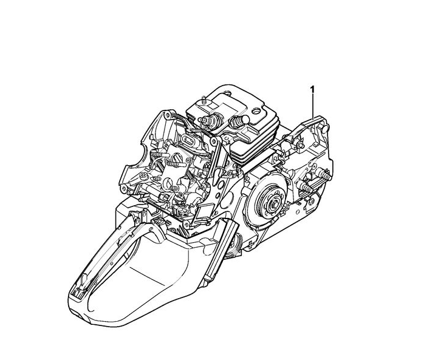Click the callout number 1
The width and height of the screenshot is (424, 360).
click(x=313, y=89)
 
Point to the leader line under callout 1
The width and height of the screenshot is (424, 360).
click(x=313, y=106)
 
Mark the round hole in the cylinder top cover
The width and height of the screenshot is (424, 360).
click(x=256, y=111)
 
